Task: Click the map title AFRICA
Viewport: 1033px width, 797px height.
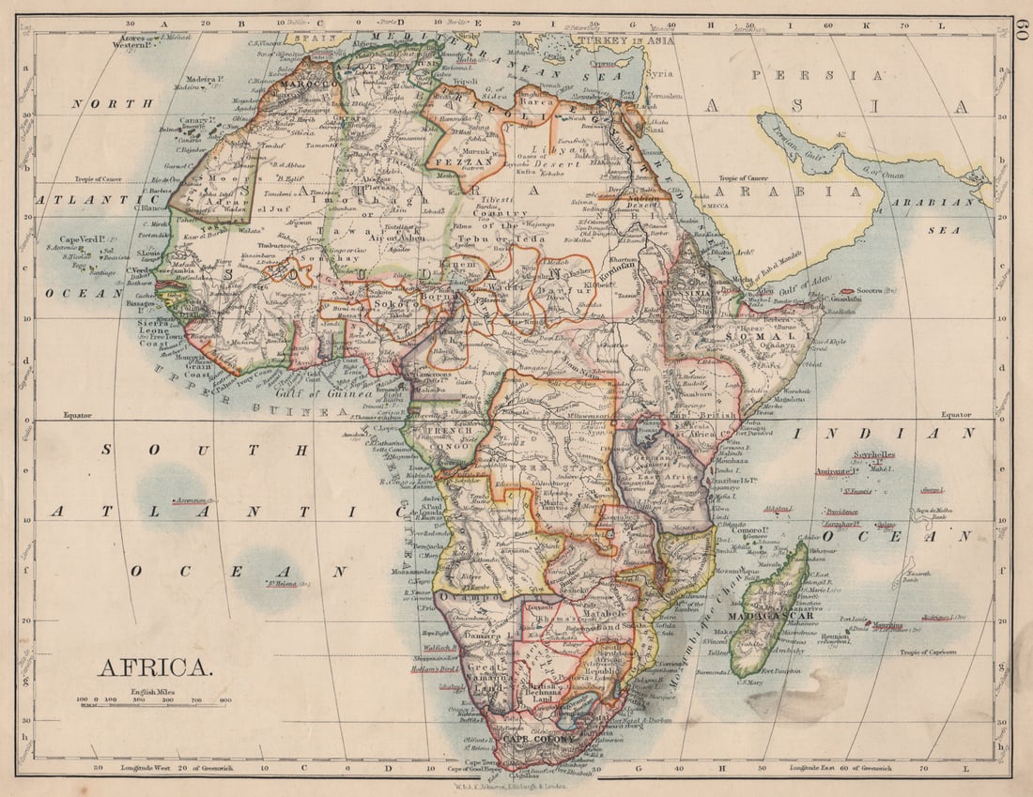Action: [x=155, y=667]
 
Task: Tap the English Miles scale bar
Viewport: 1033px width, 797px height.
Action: [x=155, y=701]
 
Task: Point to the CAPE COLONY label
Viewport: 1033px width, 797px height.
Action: [x=537, y=738]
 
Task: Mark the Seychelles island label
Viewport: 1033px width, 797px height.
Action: [x=874, y=454]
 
